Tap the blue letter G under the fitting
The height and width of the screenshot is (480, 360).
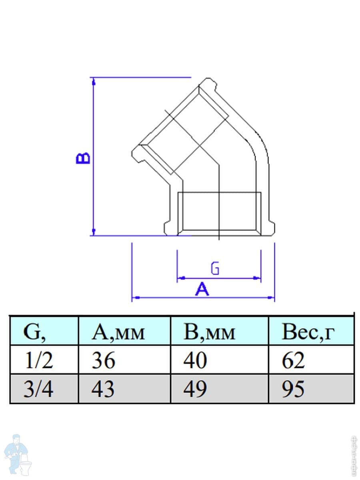pyautogui.click(x=215, y=268)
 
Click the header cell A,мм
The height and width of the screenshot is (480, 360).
pyautogui.click(x=118, y=332)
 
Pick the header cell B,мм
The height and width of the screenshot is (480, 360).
pyautogui.click(x=209, y=332)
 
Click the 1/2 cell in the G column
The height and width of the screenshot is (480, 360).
pyautogui.click(x=38, y=360)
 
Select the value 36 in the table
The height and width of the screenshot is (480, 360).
pyautogui.click(x=104, y=360)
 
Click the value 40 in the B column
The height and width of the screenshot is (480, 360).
pyautogui.click(x=195, y=360)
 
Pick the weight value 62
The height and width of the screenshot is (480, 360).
pyautogui.click(x=293, y=360)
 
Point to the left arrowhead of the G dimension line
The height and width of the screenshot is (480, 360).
pyautogui.click(x=180, y=277)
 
